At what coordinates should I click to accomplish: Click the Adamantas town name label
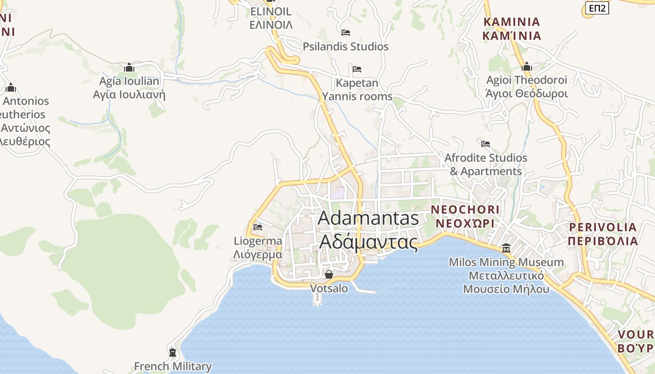tap(369, 230)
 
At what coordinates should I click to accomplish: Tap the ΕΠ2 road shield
tap(597, 7)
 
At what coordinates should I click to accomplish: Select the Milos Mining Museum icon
tap(506, 248)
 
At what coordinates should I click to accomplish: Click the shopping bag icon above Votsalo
tap(329, 274)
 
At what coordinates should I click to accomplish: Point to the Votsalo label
tap(329, 288)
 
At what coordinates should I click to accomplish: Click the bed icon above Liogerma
tap(258, 227)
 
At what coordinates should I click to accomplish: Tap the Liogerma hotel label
tap(258, 248)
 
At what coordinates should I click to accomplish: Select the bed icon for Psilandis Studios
tap(346, 33)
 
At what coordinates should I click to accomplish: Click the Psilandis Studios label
tap(345, 47)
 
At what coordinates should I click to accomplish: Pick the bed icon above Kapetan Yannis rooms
tap(357, 69)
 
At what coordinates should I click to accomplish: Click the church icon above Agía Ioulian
tap(129, 68)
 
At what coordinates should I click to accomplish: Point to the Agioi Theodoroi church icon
tap(527, 67)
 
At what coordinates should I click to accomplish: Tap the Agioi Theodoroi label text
tap(527, 86)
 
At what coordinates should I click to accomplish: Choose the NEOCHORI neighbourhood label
tap(465, 216)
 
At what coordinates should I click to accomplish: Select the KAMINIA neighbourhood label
tap(512, 29)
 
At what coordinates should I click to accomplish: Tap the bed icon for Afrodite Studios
tap(486, 144)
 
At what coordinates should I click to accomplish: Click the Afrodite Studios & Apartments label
tap(486, 165)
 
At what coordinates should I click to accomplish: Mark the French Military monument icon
tap(173, 352)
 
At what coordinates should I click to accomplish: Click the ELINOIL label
tap(271, 18)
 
